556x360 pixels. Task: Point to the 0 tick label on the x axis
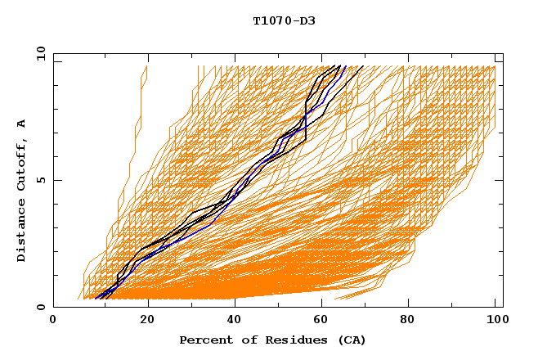(x=53, y=320)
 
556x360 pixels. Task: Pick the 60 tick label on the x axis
(x=325, y=320)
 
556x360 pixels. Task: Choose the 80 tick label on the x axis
(x=415, y=320)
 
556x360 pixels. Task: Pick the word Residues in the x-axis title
(x=287, y=340)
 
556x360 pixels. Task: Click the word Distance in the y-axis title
(x=22, y=233)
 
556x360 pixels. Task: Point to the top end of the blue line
(x=346, y=66)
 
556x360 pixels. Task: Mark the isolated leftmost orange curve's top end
(x=146, y=66)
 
